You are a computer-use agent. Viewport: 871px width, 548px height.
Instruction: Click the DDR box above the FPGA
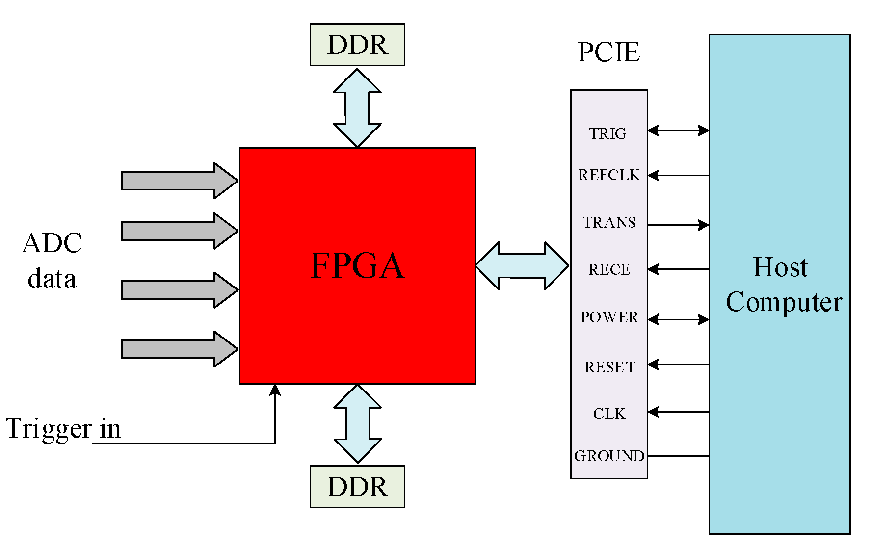coord(357,45)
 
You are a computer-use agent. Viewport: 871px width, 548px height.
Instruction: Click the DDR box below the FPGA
coord(357,487)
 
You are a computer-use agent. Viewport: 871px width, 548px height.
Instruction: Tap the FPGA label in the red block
coord(357,265)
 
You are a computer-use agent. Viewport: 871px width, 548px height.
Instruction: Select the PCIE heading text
coord(608,52)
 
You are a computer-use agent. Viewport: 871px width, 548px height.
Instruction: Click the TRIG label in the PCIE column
coord(608,133)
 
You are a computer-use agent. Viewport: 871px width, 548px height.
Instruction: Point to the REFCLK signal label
coord(609,175)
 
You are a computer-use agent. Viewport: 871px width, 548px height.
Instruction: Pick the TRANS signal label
coord(609,222)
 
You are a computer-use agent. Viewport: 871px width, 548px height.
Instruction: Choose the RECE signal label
coord(609,269)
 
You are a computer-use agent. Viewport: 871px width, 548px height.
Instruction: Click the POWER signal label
coord(609,317)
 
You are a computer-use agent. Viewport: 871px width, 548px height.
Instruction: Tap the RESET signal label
coord(609,367)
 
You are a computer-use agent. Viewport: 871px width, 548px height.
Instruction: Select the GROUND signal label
coord(609,456)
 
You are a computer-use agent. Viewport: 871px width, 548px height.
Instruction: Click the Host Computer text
coord(783,285)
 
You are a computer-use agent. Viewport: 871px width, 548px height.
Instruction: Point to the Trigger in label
coord(63,429)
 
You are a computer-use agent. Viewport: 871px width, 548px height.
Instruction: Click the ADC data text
coord(52,261)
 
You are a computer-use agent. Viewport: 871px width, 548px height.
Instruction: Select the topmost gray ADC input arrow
coord(179,181)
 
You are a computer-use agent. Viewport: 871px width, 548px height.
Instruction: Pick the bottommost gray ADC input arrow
coord(179,349)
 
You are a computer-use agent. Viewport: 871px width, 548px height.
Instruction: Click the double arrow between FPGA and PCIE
coord(522,265)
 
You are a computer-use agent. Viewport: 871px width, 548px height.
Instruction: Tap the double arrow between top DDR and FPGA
coord(357,107)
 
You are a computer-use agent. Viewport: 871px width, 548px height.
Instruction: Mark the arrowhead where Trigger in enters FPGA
coord(275,390)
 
